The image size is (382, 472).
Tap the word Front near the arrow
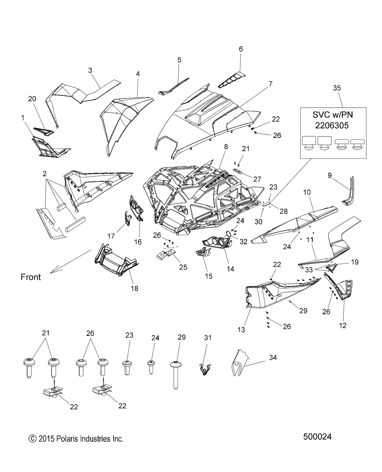click(31, 277)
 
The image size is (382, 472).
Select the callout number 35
click(337, 88)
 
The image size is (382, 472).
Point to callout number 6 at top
click(241, 49)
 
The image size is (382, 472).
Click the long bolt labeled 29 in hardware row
click(176, 375)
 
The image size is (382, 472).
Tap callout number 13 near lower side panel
click(241, 329)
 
